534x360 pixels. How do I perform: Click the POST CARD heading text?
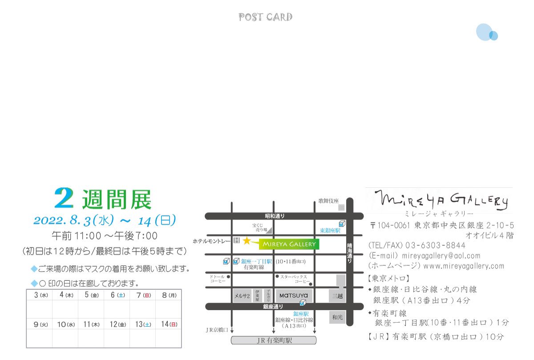tap(266, 17)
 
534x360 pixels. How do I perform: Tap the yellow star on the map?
tap(247, 241)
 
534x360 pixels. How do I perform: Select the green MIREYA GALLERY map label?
tap(289, 244)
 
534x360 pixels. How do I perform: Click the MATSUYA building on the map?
tap(294, 295)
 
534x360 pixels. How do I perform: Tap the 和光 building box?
tap(336, 317)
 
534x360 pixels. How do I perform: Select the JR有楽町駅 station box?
tap(274, 341)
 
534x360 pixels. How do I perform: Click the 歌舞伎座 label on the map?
tap(328, 201)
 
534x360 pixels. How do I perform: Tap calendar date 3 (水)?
tap(40, 295)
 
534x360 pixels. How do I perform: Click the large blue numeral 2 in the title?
tap(64, 198)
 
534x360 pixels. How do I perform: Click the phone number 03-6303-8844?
tap(435, 246)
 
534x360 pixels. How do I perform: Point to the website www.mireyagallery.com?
tap(464, 266)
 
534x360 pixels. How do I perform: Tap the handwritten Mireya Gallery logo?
tap(440, 200)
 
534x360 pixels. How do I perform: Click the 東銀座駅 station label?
tap(330, 231)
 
